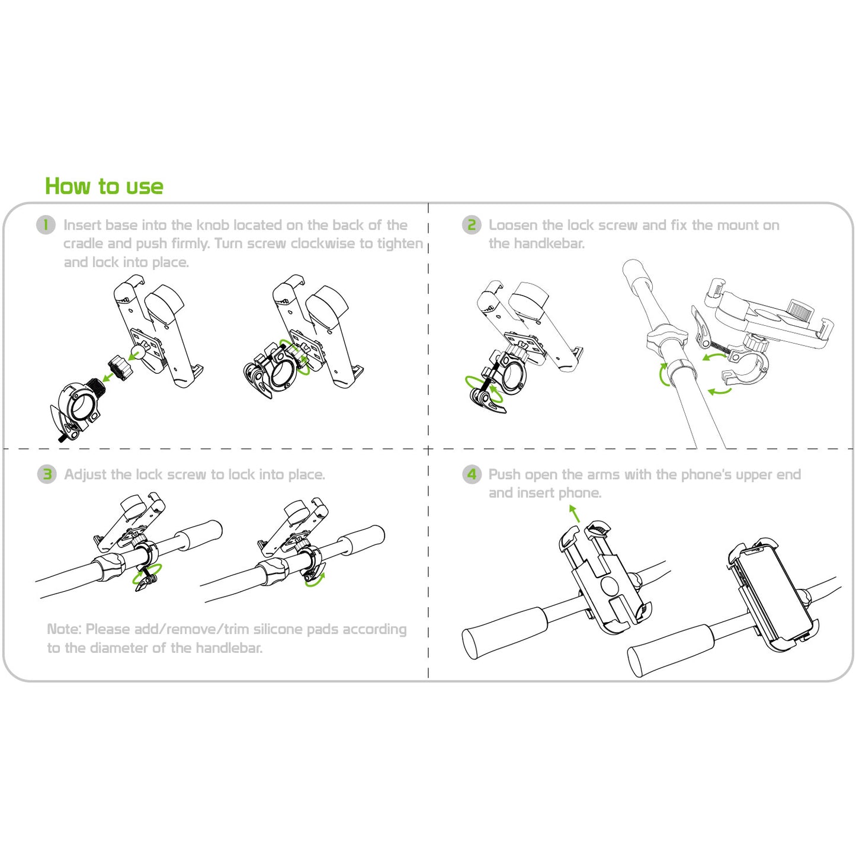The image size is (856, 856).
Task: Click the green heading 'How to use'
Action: [x=104, y=186]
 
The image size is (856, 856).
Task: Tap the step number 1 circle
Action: [x=46, y=225]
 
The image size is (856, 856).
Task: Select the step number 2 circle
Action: [x=472, y=225]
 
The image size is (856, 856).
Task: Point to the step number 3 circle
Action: [x=47, y=474]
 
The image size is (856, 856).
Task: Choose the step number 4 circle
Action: [x=472, y=474]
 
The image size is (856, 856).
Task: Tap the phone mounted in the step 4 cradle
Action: [x=774, y=594]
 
